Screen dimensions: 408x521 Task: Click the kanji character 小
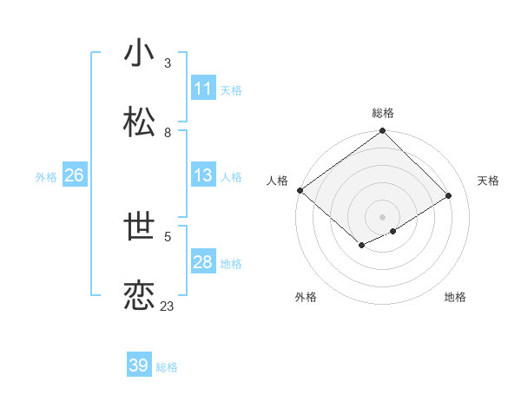point(139,54)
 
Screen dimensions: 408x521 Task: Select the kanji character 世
point(139,227)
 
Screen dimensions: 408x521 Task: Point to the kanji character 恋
point(139,296)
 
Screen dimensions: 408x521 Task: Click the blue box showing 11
point(203,89)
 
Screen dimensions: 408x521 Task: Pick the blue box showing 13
point(203,175)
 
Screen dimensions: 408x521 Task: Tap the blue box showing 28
point(203,262)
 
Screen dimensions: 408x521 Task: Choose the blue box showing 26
point(74,175)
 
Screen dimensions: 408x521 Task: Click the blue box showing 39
point(139,365)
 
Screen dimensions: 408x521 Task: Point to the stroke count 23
point(167,306)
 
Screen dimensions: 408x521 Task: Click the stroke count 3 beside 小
point(167,63)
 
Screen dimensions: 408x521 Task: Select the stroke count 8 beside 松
point(167,133)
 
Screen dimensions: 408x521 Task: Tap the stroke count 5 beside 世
point(167,236)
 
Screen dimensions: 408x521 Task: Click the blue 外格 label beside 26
point(46,176)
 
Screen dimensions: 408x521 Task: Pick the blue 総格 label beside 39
point(167,367)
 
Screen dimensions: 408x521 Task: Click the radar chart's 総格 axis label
point(383,113)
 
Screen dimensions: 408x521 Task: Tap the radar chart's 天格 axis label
point(488,181)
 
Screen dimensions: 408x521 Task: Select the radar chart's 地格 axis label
point(455,297)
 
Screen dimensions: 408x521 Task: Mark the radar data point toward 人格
point(300,190)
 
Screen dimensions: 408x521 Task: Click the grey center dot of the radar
point(382,216)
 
